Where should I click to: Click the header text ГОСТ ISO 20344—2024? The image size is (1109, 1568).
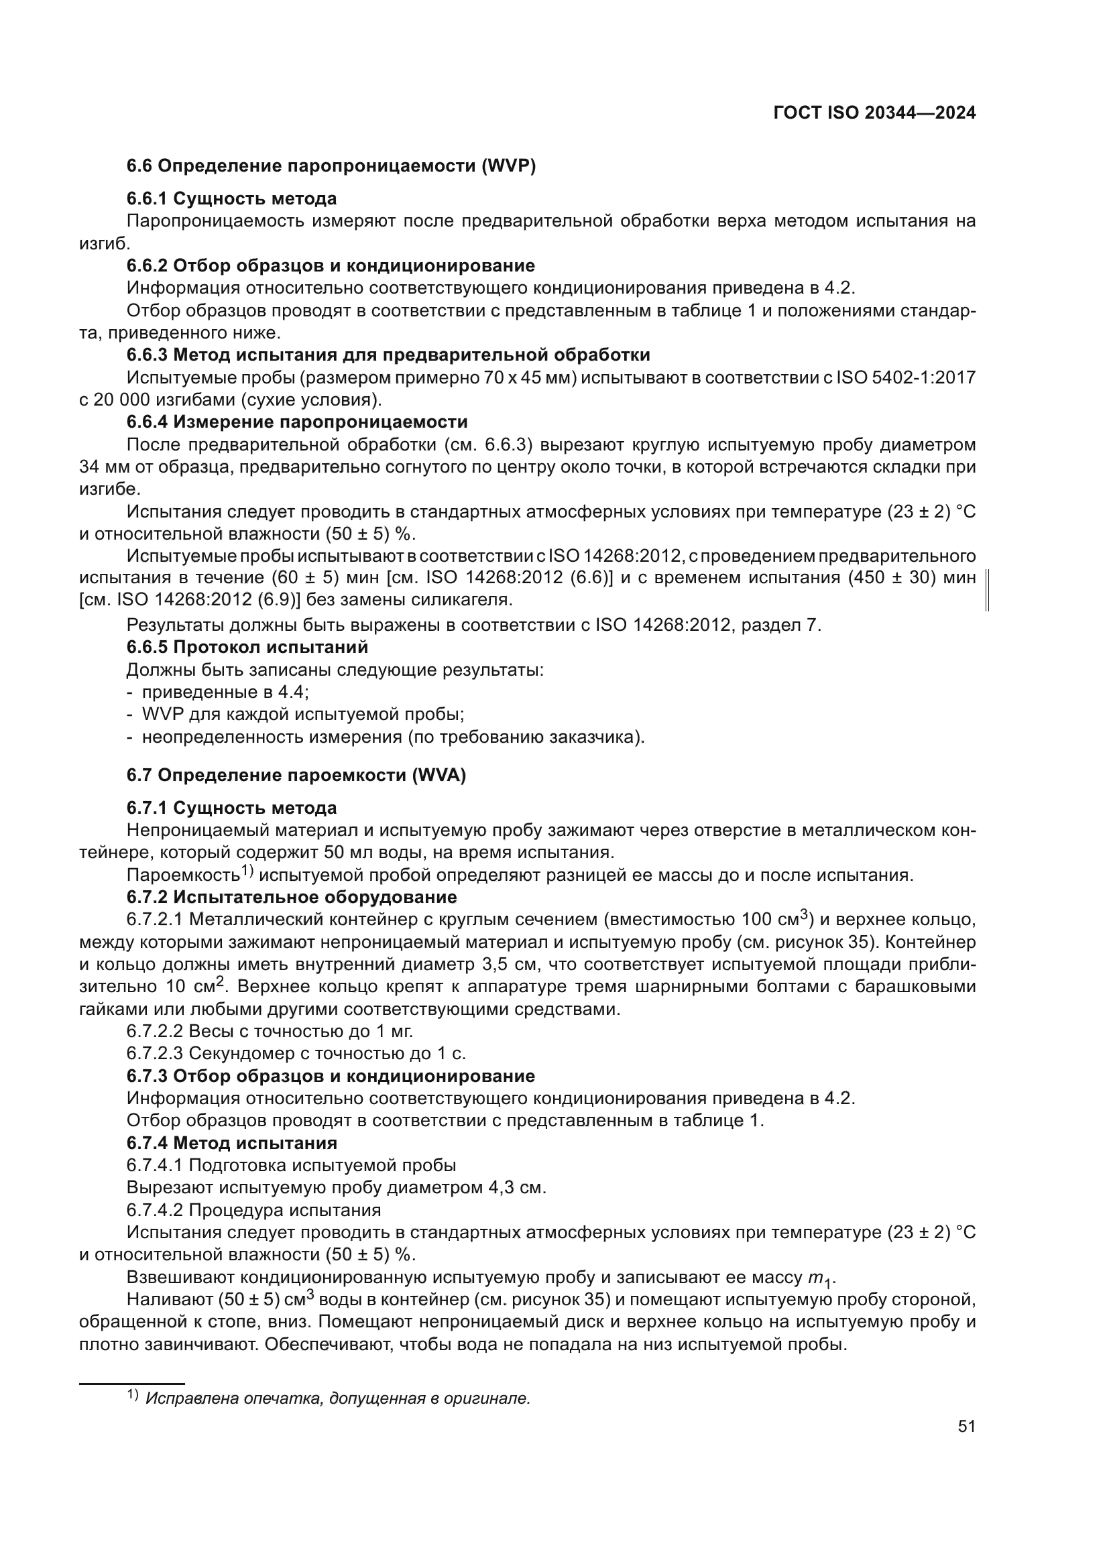[874, 113]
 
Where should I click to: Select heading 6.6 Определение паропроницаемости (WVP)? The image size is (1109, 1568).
[331, 167]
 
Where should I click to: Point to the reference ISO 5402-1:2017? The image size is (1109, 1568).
[905, 377]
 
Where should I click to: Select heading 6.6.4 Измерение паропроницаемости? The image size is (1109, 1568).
[297, 422]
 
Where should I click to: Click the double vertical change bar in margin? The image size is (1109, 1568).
[988, 589]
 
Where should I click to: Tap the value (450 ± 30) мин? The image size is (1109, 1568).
[911, 579]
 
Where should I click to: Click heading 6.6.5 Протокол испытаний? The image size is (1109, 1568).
[247, 647]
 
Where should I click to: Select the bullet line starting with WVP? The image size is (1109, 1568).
[303, 715]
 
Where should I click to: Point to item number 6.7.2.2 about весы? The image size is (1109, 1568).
[155, 1031]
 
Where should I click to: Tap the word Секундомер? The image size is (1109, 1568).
[244, 1054]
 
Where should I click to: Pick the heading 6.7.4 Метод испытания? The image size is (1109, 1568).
[231, 1143]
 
